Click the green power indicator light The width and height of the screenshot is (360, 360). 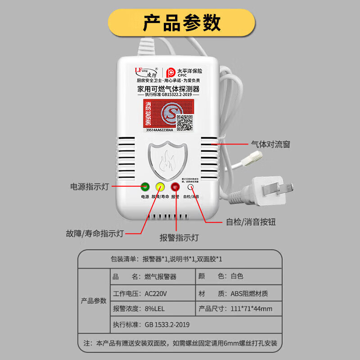[x=145, y=187]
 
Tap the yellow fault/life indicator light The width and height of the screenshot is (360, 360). [x=160, y=187]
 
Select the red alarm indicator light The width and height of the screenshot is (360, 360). [x=175, y=187]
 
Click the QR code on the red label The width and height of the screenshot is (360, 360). [x=184, y=121]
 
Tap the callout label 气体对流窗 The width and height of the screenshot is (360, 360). [x=270, y=144]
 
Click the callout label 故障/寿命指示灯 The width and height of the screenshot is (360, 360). [x=94, y=234]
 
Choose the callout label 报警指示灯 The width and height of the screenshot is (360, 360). [x=179, y=238]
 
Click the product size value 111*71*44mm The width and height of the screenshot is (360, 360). [x=252, y=309]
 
